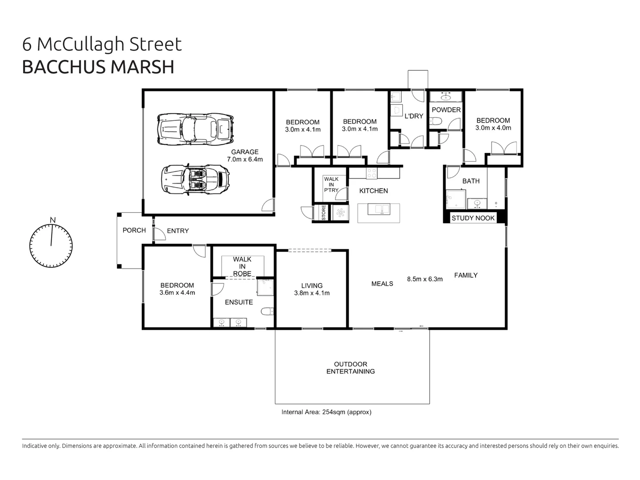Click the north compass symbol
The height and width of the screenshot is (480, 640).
[x=51, y=245]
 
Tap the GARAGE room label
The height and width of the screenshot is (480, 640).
[x=244, y=152]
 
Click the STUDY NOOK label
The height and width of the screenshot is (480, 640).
[x=473, y=218]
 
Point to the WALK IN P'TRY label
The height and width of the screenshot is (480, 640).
[x=331, y=184]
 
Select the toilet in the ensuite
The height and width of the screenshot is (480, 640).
[x=267, y=312]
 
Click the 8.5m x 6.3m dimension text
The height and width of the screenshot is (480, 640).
[x=424, y=279]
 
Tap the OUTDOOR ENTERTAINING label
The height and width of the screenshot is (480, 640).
[x=351, y=368]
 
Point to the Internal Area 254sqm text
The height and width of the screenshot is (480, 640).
[x=326, y=412]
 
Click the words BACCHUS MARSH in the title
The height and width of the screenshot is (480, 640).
[x=98, y=67]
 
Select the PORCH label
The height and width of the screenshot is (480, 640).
[x=134, y=230]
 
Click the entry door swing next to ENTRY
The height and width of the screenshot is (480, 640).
[x=158, y=234]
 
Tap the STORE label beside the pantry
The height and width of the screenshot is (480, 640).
[x=324, y=212]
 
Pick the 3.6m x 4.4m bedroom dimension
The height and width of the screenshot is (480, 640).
[x=177, y=292]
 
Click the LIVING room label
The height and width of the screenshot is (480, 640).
[x=312, y=286]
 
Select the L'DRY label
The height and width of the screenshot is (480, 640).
[x=413, y=116]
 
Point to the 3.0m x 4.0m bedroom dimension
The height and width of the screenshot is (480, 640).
[x=493, y=128]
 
